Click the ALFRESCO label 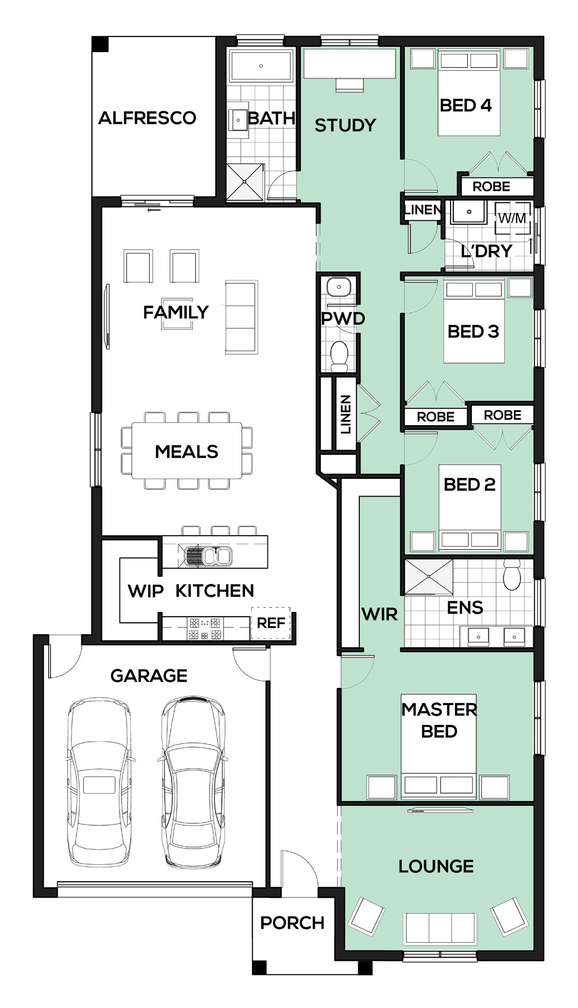tap(147, 118)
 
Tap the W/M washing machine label tap(512, 218)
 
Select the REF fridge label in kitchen tap(271, 623)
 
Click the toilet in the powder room tap(339, 356)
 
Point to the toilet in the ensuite tap(512, 575)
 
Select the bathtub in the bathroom tap(261, 65)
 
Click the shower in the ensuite tap(428, 576)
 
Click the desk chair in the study tap(350, 85)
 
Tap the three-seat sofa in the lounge tap(440, 929)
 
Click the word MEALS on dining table tap(187, 452)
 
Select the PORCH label tap(292, 923)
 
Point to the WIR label tap(380, 614)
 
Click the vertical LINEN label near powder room tap(346, 414)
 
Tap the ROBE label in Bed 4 tap(491, 186)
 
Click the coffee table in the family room tap(177, 314)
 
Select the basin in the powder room tap(338, 287)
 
